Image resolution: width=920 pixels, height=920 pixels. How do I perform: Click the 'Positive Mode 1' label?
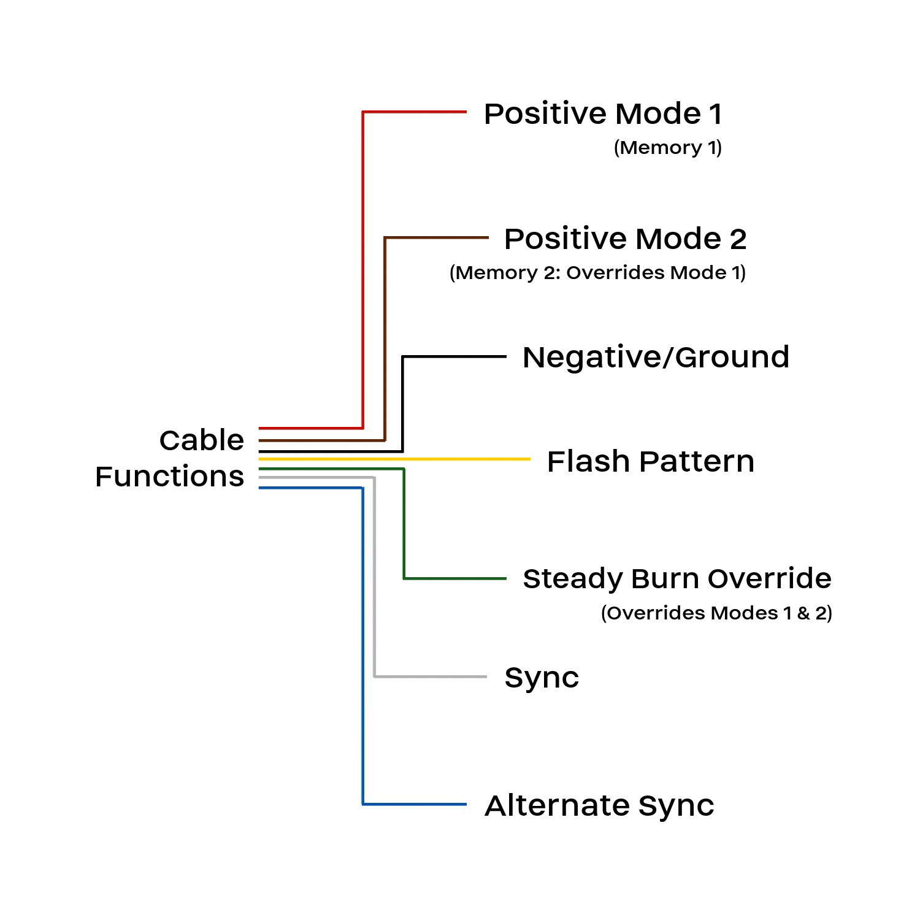(603, 114)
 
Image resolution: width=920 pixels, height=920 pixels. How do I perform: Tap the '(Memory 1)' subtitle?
(667, 148)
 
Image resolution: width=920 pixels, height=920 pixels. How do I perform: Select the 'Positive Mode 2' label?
(625, 239)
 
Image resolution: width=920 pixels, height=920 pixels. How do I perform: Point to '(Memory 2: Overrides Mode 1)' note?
(597, 273)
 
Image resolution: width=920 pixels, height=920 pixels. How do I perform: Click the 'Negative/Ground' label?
(656, 358)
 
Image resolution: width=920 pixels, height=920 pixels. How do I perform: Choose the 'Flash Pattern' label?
(650, 462)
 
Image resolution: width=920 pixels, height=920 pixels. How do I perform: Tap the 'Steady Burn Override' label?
(677, 579)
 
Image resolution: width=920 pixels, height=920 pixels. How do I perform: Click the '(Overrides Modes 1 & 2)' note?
(716, 613)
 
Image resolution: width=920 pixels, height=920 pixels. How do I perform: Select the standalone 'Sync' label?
(542, 678)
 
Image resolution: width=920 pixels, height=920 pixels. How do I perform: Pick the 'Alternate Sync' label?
(599, 806)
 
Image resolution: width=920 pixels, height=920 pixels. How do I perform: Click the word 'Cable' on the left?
(201, 440)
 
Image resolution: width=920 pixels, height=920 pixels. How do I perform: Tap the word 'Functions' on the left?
(169, 477)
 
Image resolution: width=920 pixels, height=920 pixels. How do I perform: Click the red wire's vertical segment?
(363, 270)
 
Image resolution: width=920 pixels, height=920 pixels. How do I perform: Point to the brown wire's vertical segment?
(385, 337)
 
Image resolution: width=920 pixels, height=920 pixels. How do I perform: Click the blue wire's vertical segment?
(363, 644)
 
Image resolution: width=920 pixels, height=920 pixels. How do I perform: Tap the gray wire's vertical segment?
(374, 577)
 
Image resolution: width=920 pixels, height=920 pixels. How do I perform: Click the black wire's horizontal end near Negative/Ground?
(454, 356)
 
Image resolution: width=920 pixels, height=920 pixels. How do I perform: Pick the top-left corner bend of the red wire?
(363, 112)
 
